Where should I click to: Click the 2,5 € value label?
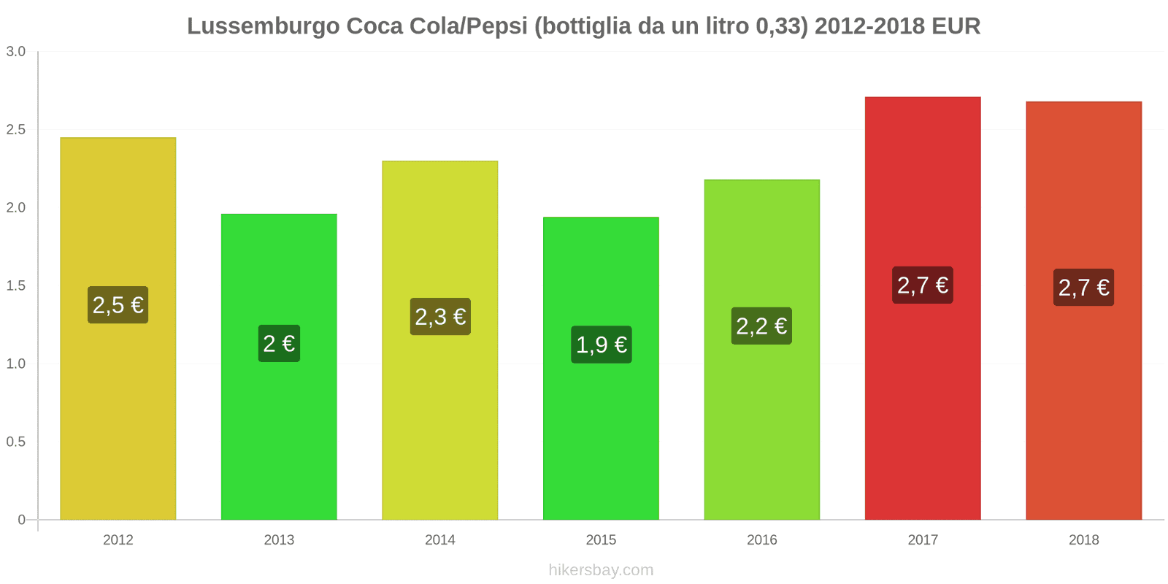[118, 304]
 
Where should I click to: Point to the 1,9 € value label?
[601, 345]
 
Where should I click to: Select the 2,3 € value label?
[440, 317]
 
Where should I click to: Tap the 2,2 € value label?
[761, 326]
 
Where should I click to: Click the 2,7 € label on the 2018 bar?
[1083, 288]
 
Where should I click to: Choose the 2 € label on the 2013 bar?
[279, 343]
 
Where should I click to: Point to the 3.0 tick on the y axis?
[16, 52]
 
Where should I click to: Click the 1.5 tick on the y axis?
[16, 286]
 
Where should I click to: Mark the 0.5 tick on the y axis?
[16, 442]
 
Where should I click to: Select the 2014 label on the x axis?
[440, 540]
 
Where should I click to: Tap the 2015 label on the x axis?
[601, 540]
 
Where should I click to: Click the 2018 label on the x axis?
[1083, 540]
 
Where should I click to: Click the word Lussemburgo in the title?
[264, 26]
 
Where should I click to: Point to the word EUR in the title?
[956, 26]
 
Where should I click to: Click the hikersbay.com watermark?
[601, 570]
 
